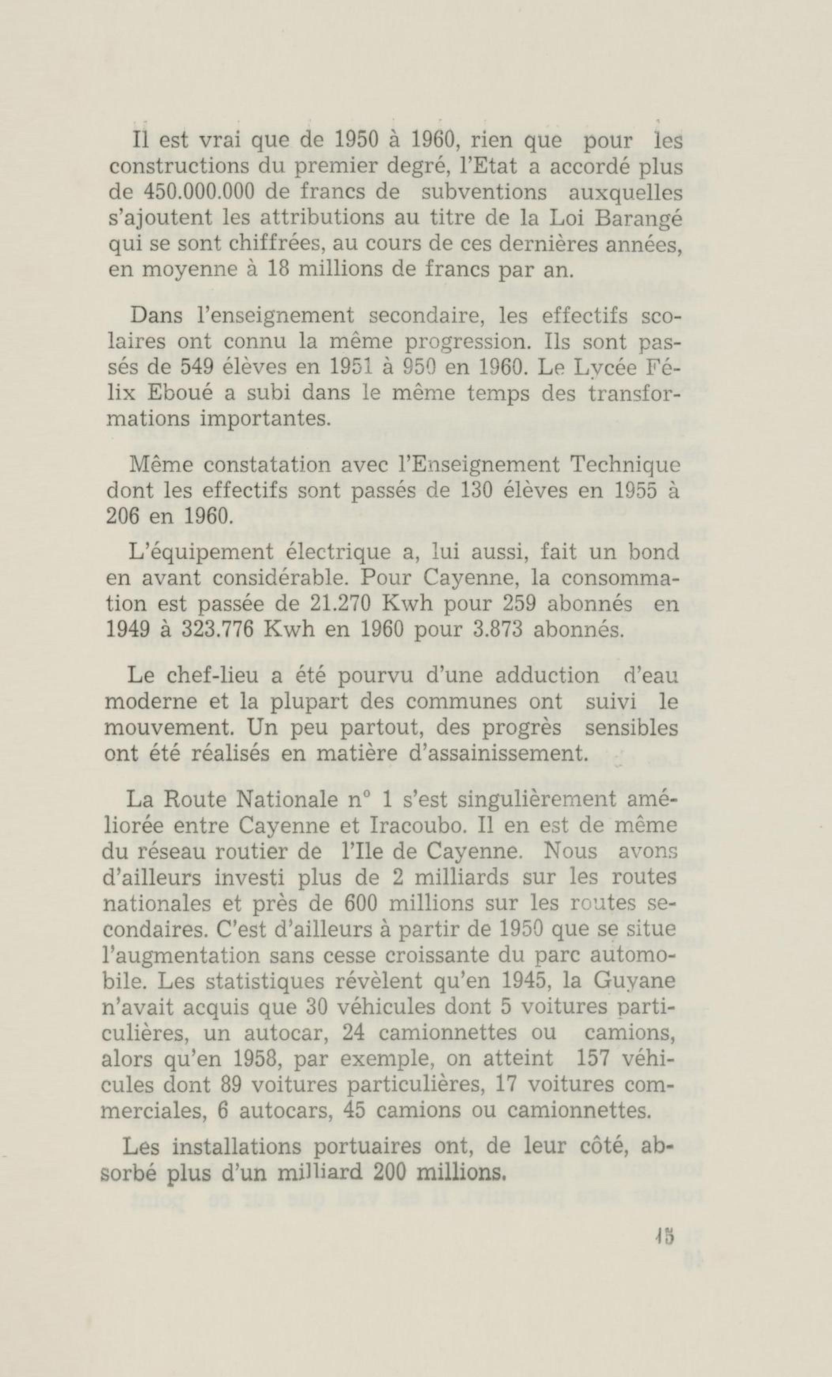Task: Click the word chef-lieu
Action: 193,676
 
